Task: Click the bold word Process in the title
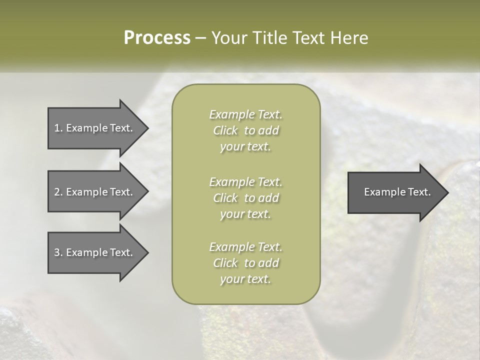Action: (x=157, y=38)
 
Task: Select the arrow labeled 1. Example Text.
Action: (x=93, y=128)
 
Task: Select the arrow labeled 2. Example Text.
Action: (x=93, y=192)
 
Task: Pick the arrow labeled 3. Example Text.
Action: (x=93, y=252)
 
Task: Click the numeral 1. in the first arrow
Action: (x=58, y=128)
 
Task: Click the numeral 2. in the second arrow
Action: (x=58, y=192)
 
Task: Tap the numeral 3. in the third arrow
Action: (x=58, y=252)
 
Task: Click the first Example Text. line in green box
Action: (x=245, y=114)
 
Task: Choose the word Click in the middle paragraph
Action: (x=225, y=198)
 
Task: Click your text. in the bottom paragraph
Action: (x=245, y=279)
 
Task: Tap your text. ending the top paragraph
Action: (x=245, y=146)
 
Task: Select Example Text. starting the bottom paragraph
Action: (x=245, y=247)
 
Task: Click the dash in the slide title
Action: (x=200, y=38)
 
